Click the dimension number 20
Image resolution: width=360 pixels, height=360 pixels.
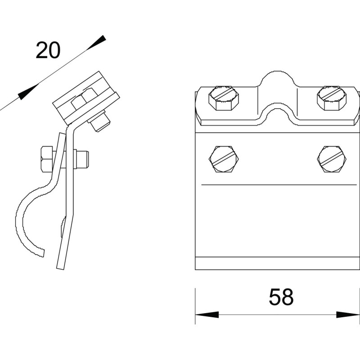(x=48, y=50)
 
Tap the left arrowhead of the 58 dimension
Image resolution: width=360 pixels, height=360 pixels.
(x=207, y=315)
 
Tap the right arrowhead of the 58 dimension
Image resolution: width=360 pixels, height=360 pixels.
(x=348, y=315)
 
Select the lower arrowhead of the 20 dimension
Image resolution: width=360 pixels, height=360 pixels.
(x=27, y=92)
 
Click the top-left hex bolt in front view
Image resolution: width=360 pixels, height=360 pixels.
(x=224, y=98)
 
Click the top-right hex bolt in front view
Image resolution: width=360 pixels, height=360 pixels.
(x=332, y=98)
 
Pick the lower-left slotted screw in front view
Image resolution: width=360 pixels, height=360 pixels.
(x=224, y=159)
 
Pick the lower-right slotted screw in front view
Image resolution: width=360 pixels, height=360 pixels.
(x=332, y=159)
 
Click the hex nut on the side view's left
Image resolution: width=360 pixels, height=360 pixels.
(x=47, y=159)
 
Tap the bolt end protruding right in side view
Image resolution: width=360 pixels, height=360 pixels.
(x=82, y=159)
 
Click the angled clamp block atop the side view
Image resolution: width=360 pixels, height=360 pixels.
(x=85, y=98)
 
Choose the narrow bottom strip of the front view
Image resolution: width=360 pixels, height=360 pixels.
(x=277, y=263)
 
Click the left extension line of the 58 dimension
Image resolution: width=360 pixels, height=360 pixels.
(x=195, y=306)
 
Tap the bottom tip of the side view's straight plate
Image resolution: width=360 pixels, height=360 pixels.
(x=61, y=268)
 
